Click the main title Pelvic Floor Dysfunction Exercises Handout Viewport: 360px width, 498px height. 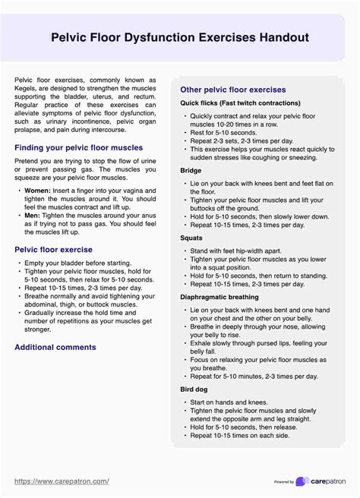tap(179, 37)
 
